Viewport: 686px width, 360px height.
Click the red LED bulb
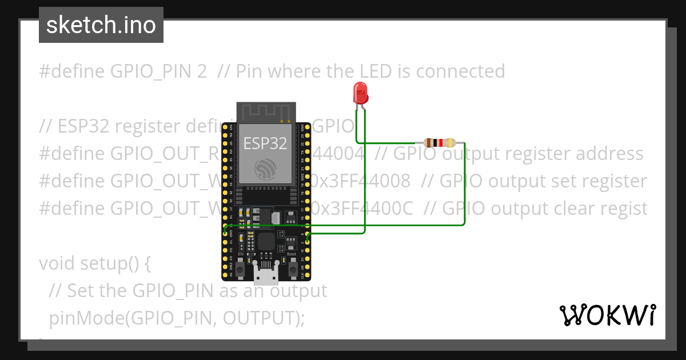point(360,93)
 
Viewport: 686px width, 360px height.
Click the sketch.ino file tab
point(101,25)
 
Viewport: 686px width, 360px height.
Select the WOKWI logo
point(608,315)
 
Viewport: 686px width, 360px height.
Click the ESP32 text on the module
point(266,142)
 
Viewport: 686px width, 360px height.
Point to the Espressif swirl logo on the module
point(266,168)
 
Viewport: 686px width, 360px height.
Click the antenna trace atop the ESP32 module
point(266,111)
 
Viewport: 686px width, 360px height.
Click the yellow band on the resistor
point(451,143)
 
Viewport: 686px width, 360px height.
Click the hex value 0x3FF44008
point(360,181)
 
